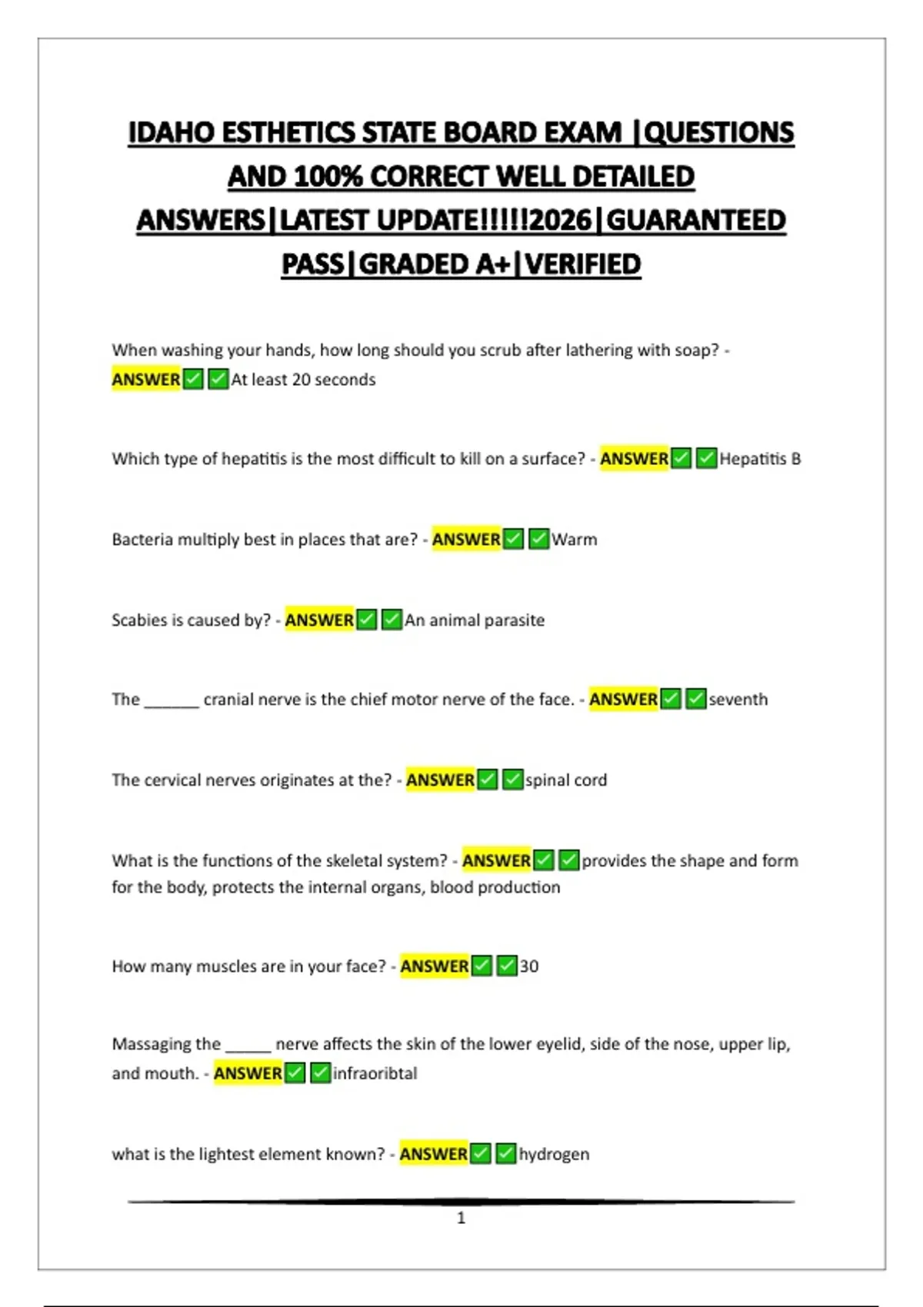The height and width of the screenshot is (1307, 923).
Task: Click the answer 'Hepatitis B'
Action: (x=760, y=459)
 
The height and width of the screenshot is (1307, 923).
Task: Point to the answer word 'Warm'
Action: (x=574, y=540)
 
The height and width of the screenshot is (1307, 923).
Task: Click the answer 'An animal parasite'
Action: (x=475, y=620)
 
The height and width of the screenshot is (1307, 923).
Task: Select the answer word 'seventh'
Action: (x=738, y=700)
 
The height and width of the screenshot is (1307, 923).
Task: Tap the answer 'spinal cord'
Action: (x=566, y=780)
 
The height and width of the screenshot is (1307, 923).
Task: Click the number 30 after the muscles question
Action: (x=529, y=966)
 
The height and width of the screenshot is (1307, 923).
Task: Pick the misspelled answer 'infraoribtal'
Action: (x=375, y=1073)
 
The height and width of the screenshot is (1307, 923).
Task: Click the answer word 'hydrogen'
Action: (x=554, y=1154)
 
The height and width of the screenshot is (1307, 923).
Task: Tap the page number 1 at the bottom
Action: (x=461, y=1218)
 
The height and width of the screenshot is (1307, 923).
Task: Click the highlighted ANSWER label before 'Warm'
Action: (x=466, y=540)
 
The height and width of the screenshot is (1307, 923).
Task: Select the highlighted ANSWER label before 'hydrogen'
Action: (x=433, y=1154)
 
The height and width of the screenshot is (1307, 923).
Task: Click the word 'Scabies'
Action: (x=139, y=620)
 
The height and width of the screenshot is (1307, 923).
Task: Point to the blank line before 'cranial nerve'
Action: (x=172, y=701)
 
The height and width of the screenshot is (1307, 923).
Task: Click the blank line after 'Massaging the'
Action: (x=248, y=1046)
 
